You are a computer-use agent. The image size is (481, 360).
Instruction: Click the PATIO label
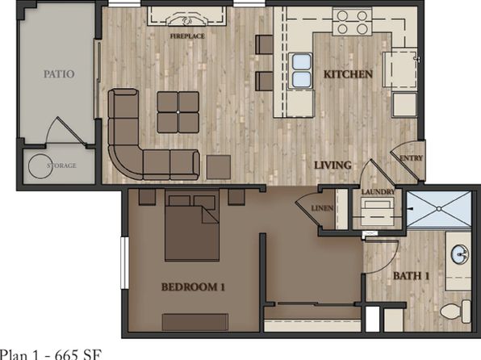(59, 74)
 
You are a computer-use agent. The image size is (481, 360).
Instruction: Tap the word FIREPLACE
(187, 36)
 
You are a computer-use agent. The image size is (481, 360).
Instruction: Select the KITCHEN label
(348, 74)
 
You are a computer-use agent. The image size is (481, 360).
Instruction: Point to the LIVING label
(333, 165)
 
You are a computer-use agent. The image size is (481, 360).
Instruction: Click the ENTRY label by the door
(412, 158)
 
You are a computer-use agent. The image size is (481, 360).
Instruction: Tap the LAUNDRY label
(378, 192)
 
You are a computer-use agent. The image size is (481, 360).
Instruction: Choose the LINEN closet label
(322, 208)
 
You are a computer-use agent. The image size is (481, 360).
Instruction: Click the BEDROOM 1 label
(193, 287)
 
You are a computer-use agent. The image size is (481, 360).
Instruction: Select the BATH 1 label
(411, 276)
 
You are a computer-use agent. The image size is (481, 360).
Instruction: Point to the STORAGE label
(61, 165)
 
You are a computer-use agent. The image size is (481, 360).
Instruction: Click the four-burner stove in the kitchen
(353, 22)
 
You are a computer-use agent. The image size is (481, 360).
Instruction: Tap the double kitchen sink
(301, 70)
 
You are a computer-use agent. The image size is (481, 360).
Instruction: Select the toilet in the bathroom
(455, 312)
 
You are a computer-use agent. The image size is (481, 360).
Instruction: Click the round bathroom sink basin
(460, 254)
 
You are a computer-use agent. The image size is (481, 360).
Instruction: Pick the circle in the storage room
(40, 165)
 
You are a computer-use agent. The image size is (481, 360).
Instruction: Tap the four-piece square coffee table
(178, 112)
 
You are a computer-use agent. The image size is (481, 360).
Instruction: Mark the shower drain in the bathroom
(439, 209)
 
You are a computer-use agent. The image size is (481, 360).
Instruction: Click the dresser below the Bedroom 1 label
(195, 322)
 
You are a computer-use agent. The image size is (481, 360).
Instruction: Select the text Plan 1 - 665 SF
(50, 354)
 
